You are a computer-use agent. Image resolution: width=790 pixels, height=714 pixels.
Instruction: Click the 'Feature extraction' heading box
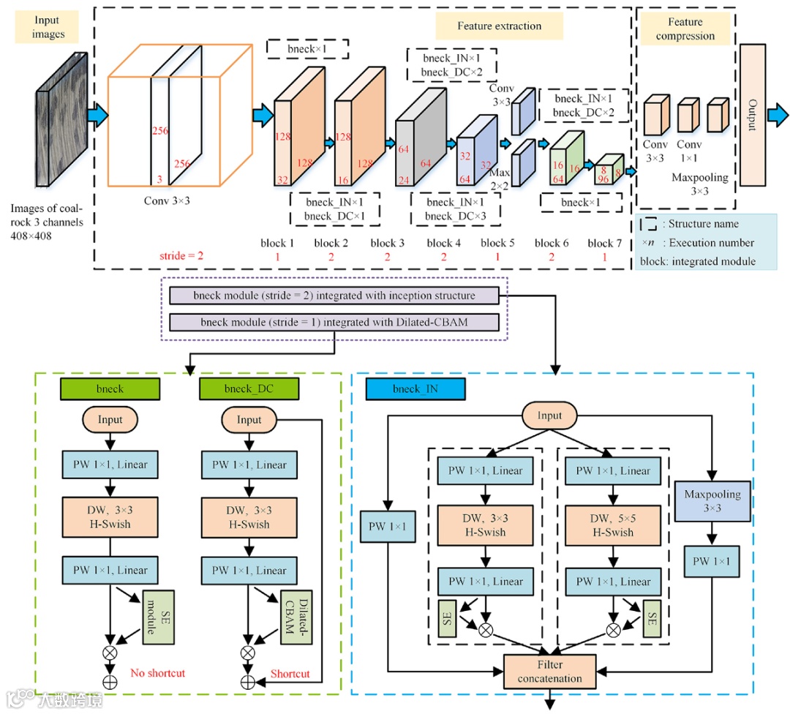click(500, 26)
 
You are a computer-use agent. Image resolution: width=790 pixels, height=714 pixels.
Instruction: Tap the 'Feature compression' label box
click(685, 29)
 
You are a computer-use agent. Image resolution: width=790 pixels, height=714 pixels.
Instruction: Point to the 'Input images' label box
click(48, 28)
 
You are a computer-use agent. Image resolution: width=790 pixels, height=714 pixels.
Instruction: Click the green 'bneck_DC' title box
click(249, 388)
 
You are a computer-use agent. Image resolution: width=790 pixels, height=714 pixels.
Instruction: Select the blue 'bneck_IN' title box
click(416, 388)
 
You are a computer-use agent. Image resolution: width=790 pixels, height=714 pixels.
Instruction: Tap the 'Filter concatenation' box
click(550, 671)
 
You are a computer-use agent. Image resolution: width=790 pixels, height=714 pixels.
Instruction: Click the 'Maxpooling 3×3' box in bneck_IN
click(712, 501)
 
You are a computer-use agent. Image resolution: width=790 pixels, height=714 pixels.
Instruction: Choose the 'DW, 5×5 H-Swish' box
click(613, 525)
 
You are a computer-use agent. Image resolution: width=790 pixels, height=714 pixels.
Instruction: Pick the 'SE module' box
click(158, 617)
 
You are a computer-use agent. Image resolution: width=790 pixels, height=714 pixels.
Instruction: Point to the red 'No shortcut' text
click(157, 672)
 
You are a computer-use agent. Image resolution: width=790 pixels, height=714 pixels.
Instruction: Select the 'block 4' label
click(444, 243)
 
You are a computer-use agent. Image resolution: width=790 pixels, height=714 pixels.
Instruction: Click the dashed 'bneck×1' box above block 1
click(307, 48)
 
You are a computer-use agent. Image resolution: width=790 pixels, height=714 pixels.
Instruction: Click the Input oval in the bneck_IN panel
click(549, 416)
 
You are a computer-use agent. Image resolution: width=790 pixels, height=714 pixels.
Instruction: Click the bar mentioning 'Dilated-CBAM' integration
click(334, 322)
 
